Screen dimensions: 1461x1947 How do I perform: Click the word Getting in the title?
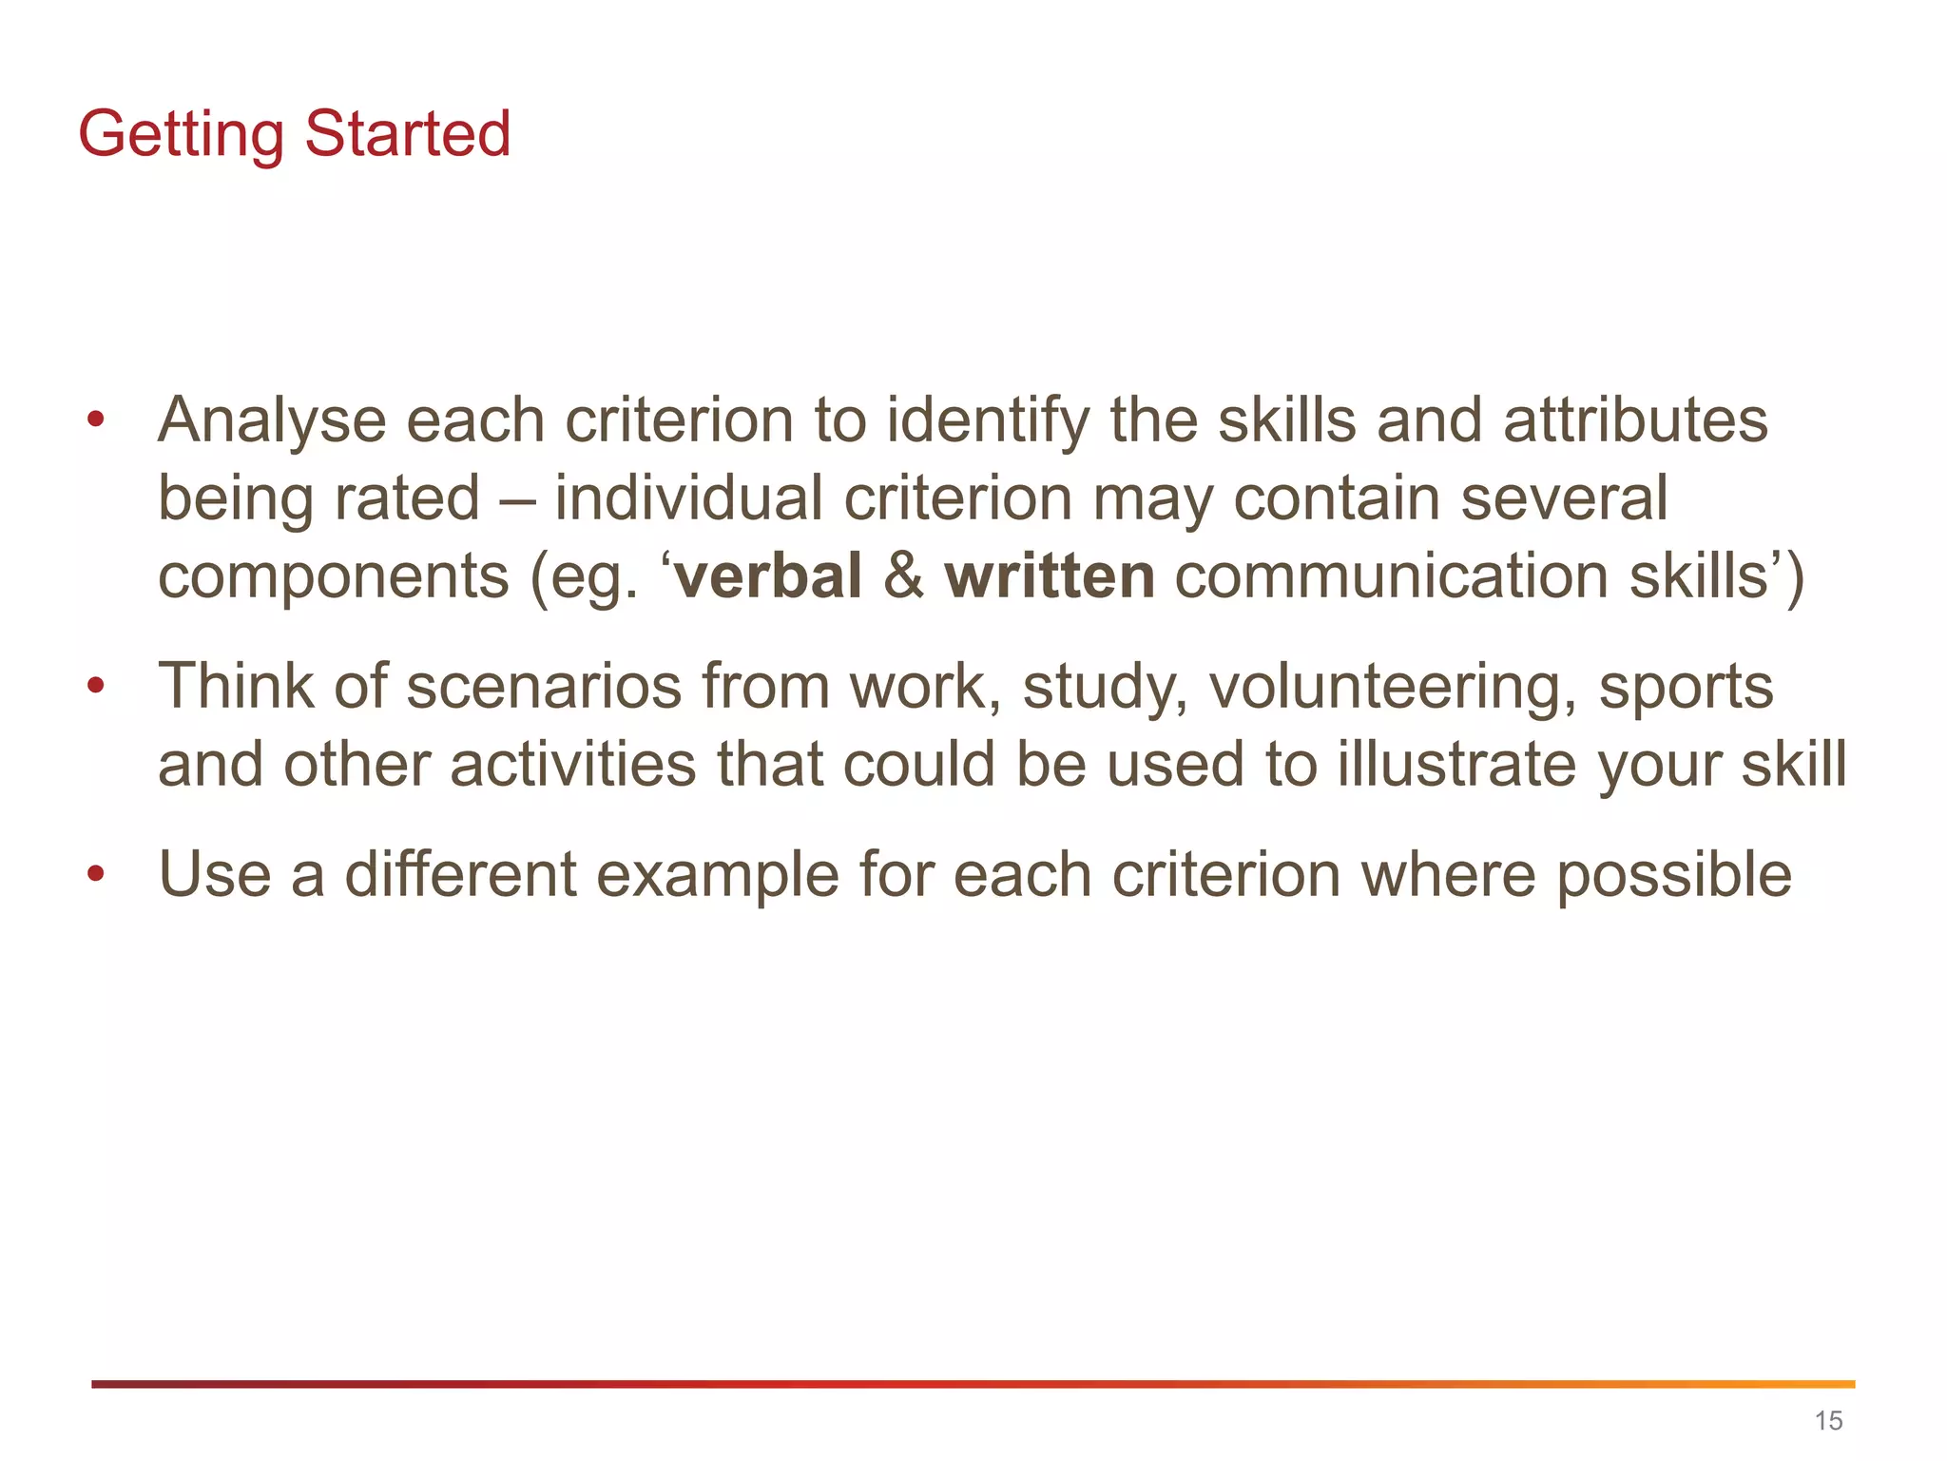click(181, 134)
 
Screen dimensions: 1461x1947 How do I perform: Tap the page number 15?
click(1828, 1421)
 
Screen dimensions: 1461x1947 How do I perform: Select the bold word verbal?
click(767, 576)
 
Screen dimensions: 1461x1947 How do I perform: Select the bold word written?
click(1050, 576)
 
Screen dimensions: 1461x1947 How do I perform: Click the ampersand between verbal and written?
click(903, 576)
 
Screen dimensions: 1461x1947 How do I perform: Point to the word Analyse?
click(272, 421)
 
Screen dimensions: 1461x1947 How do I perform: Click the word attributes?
click(1635, 421)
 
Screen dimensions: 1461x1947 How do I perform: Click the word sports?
click(1686, 687)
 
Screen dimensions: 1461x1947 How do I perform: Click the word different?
click(460, 875)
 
